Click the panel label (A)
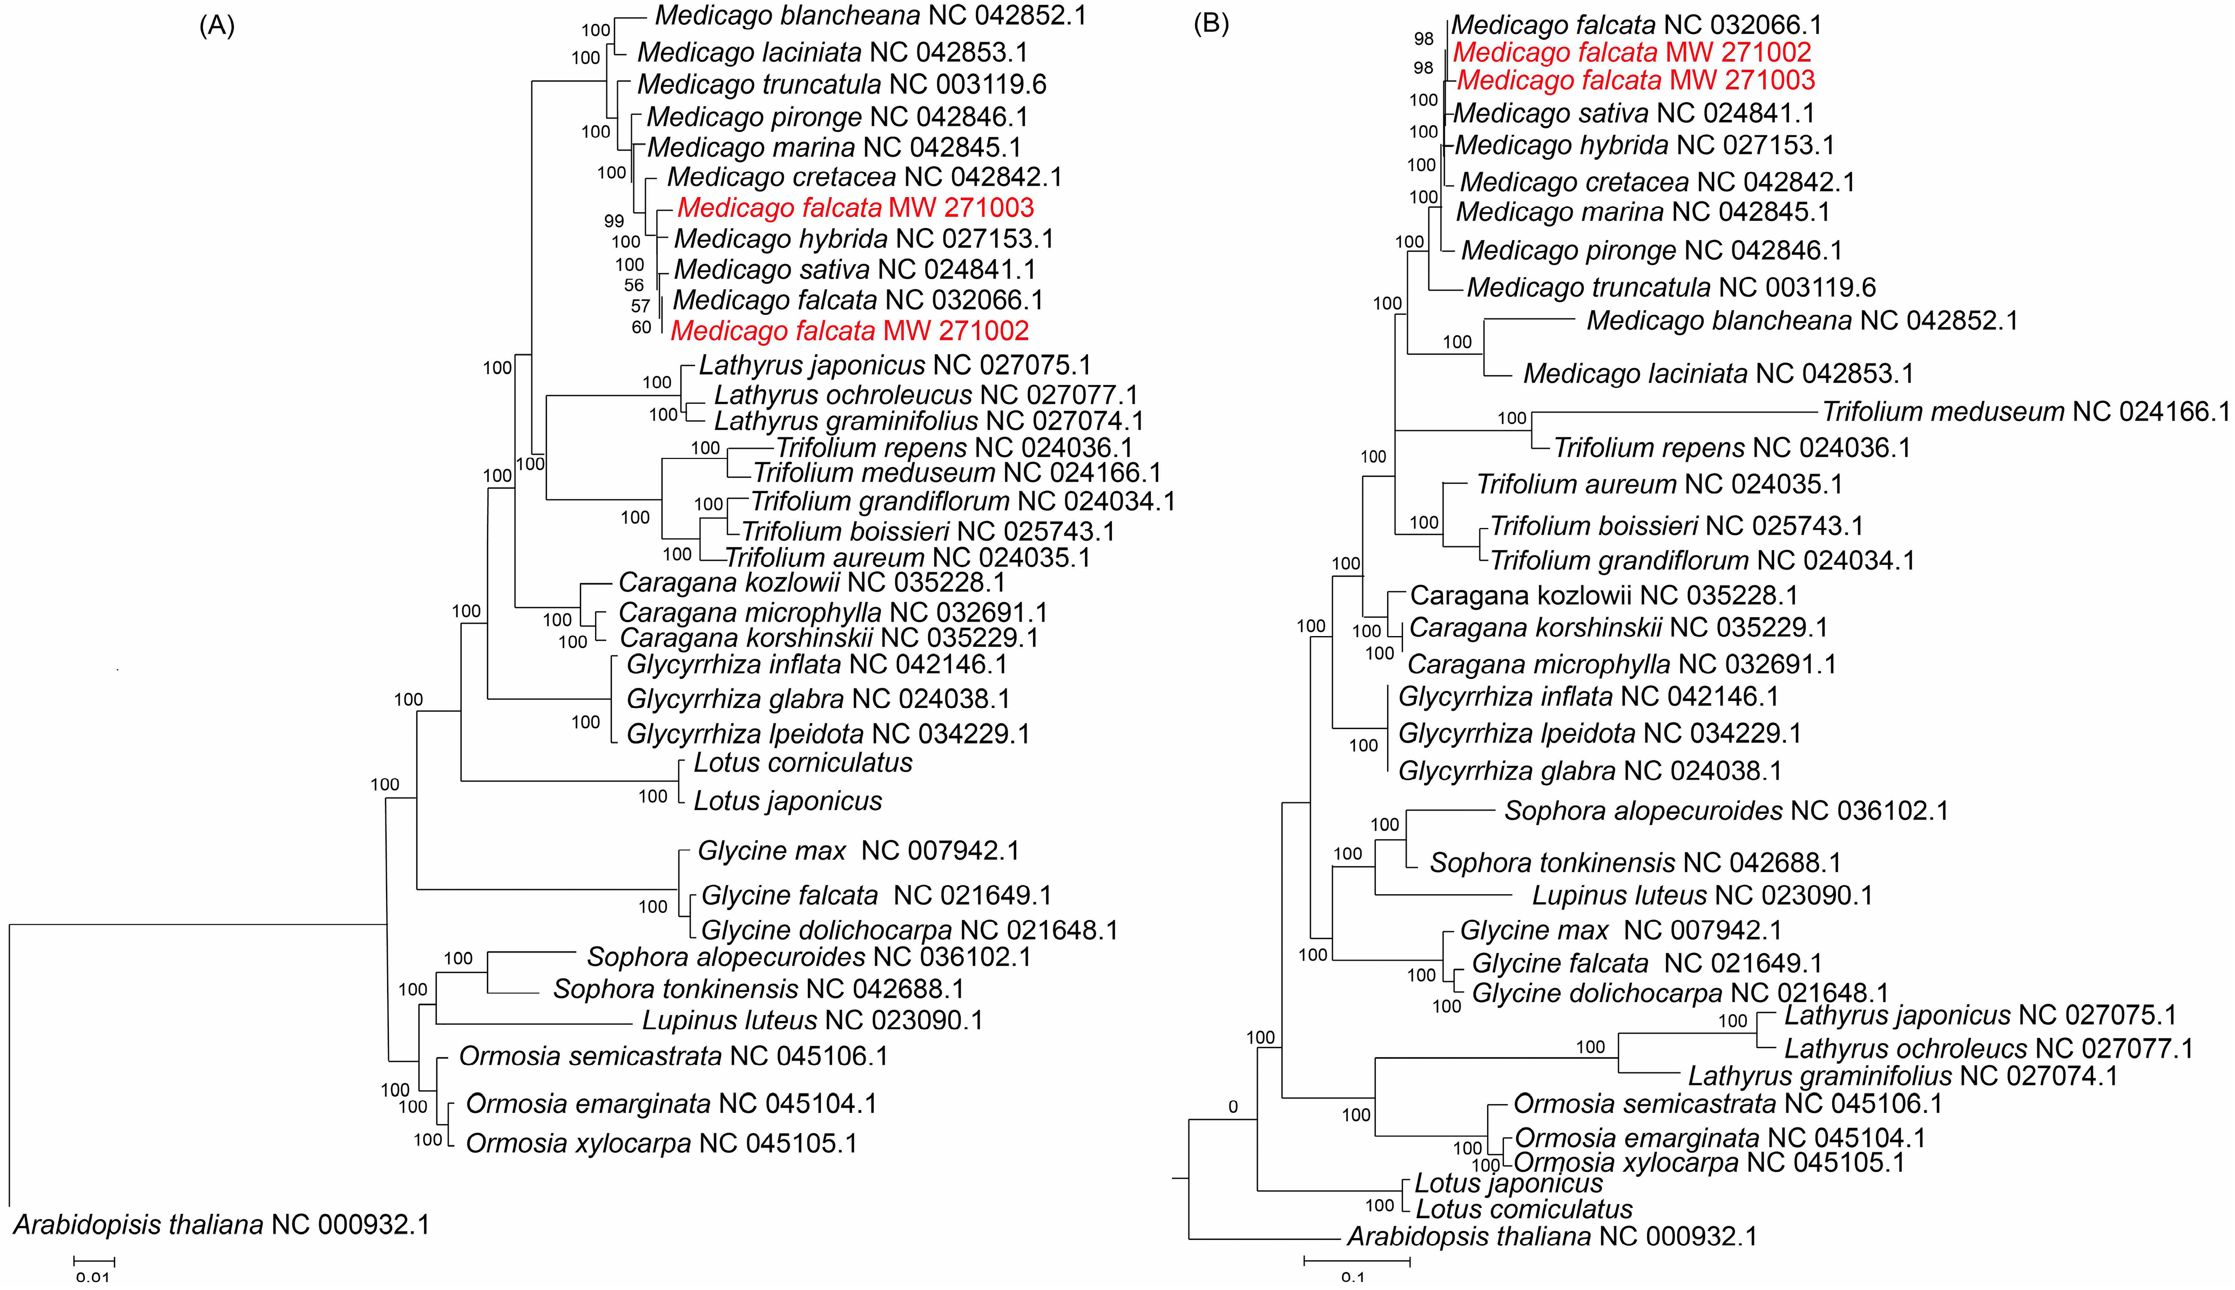pos(217,26)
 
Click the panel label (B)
pos(1211,23)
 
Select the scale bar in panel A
pos(94,1259)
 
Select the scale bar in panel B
pos(1356,1260)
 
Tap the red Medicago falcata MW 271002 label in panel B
pos(1632,52)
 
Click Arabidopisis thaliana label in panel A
pos(221,1225)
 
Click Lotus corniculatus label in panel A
pos(802,763)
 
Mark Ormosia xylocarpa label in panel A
pos(661,1143)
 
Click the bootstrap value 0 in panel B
pos(1232,1106)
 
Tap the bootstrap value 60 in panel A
pos(642,327)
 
